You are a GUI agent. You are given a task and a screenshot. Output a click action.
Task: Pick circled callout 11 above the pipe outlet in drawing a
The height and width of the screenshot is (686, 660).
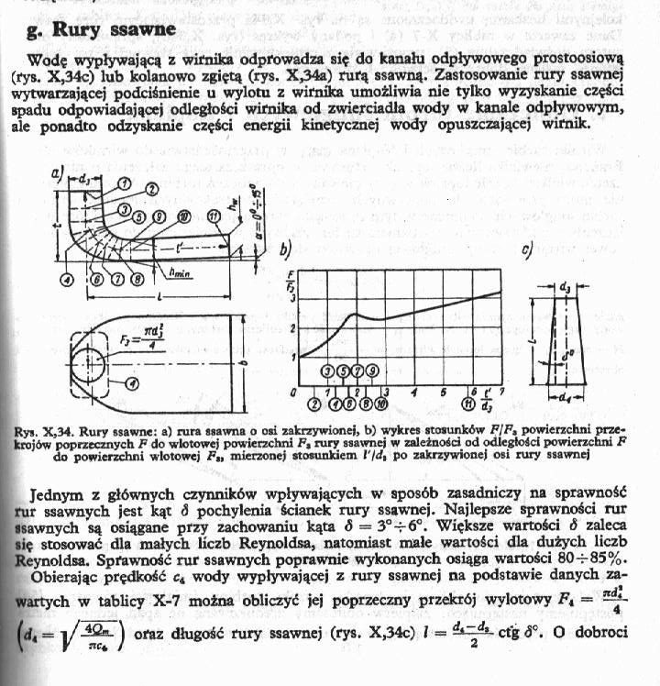213,216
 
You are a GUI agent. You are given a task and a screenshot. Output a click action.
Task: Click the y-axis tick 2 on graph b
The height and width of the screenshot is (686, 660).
292,328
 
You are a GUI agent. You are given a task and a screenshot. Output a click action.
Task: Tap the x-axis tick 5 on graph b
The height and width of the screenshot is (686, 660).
443,392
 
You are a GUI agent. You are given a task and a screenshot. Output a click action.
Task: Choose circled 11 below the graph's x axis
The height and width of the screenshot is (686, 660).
467,403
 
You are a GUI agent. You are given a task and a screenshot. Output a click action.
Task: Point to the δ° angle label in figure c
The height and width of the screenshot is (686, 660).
569,350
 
